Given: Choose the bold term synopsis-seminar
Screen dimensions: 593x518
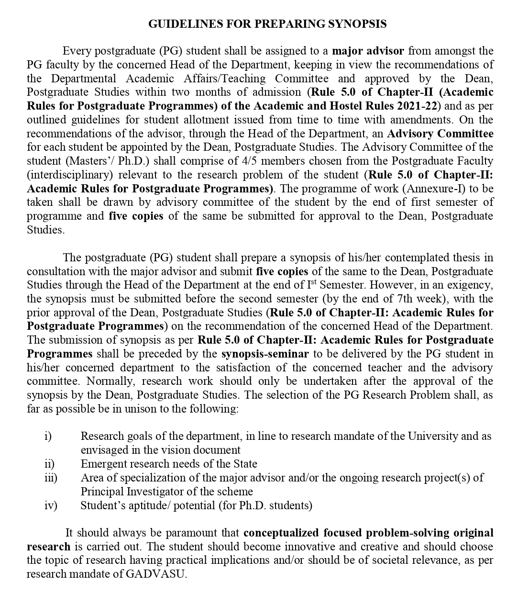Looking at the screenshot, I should (265, 354).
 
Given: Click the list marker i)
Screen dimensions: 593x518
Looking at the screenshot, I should (48, 436).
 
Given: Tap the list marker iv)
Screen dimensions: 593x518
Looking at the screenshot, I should (50, 505).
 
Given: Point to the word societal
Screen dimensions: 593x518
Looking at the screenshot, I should (396, 560).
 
